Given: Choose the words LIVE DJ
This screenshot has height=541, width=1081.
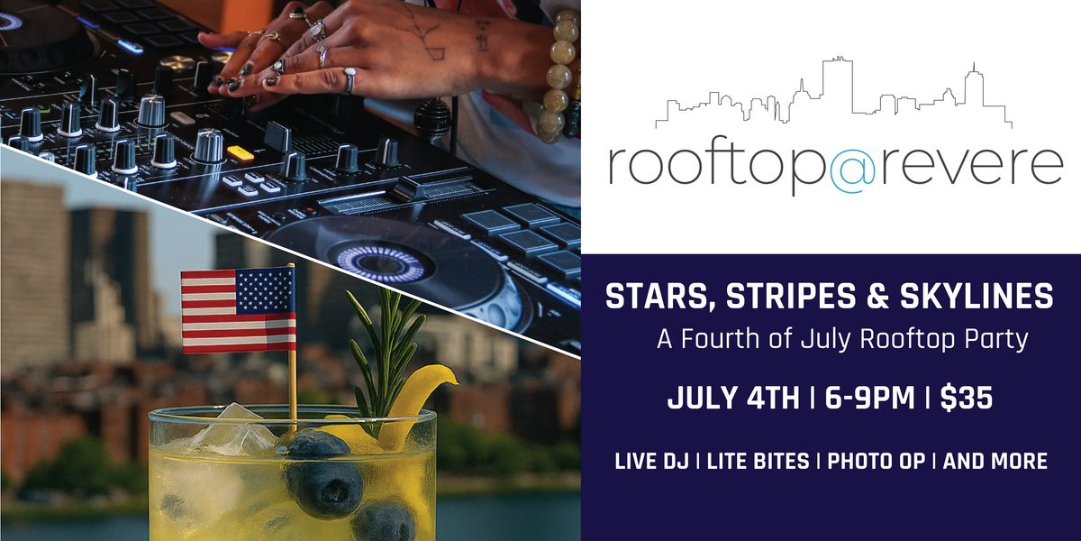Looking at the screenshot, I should pyautogui.click(x=652, y=462).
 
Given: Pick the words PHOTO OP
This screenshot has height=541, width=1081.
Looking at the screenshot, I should pyautogui.click(x=877, y=462).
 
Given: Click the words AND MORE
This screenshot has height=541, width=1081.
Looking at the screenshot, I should pyautogui.click(x=995, y=462).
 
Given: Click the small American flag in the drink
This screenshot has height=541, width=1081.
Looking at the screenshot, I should pyautogui.click(x=238, y=309).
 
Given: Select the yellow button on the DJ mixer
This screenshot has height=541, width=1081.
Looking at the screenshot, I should pyautogui.click(x=240, y=152).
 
